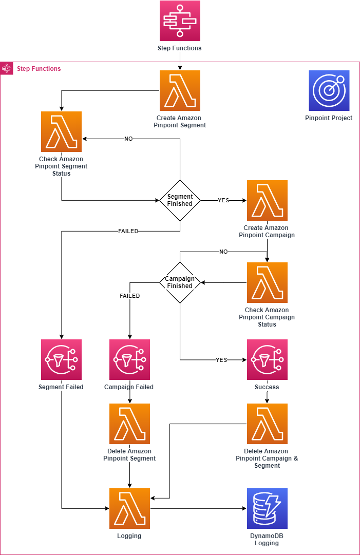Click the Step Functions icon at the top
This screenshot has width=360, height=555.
tap(180, 21)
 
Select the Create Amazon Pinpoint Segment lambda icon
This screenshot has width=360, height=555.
tap(180, 90)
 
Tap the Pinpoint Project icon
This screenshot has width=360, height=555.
tap(329, 90)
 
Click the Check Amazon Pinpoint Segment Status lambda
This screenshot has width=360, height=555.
tap(62, 131)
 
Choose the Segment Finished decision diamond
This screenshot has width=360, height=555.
tap(180, 200)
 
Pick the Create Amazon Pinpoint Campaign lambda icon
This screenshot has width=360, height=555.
tap(267, 200)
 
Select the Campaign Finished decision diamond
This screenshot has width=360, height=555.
tap(180, 282)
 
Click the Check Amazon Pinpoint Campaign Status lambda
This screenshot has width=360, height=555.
tap(267, 282)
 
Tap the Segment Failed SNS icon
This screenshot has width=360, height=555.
tap(61, 359)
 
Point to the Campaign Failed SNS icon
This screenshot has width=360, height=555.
tap(129, 359)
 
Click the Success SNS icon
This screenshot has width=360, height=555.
tap(267, 359)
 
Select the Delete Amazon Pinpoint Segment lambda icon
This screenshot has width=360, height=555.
tap(129, 424)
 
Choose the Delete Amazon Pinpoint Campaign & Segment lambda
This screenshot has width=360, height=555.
tap(267, 424)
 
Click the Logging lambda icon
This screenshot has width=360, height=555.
tap(129, 508)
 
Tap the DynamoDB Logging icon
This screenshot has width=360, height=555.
tap(267, 508)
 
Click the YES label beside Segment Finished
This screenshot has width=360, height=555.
tap(223, 200)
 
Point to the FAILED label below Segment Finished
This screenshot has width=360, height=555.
tap(128, 231)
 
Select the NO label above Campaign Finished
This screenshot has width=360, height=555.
tap(223, 252)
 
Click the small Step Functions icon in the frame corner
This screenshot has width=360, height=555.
tap(7, 68)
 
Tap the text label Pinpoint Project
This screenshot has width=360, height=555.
tap(329, 118)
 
